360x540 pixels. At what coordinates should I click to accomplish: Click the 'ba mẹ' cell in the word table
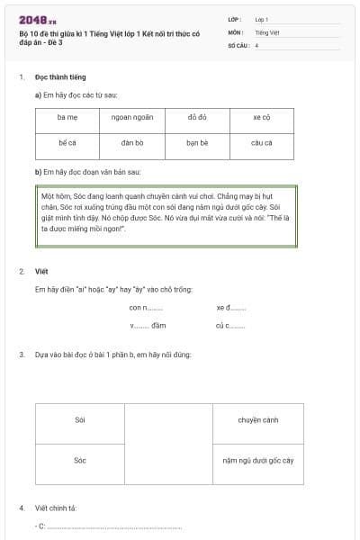click(67, 118)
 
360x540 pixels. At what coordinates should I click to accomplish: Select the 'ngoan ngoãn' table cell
click(132, 118)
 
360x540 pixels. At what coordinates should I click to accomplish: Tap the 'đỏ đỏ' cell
click(197, 118)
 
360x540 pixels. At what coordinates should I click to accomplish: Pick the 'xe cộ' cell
click(261, 118)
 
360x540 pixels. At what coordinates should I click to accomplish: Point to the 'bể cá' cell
click(67, 143)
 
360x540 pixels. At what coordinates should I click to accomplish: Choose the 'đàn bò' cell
click(132, 143)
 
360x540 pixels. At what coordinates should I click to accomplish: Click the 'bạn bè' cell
click(197, 143)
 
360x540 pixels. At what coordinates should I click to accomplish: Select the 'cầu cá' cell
click(261, 143)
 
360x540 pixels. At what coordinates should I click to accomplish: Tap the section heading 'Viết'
click(41, 271)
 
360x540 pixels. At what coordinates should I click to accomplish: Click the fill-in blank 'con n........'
click(146, 308)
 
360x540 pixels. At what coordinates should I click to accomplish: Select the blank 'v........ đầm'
click(148, 325)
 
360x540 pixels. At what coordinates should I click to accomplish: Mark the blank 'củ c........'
click(230, 325)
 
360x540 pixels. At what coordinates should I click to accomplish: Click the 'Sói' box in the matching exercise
click(80, 420)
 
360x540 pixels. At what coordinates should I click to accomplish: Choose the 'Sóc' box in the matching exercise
click(80, 461)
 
